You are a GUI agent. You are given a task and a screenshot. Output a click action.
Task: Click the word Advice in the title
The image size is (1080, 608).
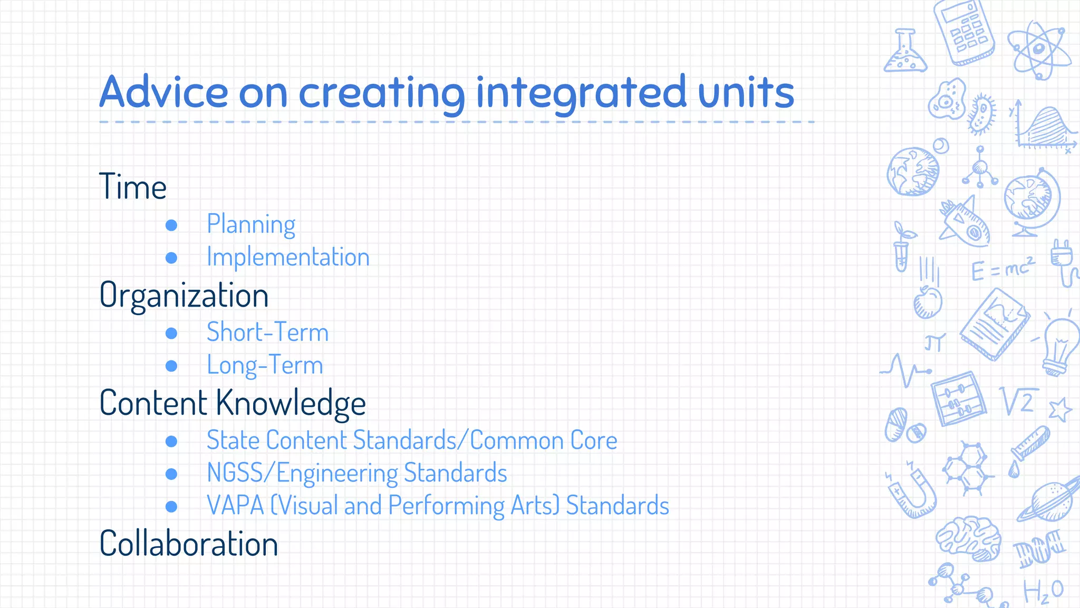[163, 92]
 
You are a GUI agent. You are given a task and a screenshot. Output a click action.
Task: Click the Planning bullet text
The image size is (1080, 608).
[251, 224]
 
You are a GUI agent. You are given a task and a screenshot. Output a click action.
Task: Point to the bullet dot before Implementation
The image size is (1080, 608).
[171, 258]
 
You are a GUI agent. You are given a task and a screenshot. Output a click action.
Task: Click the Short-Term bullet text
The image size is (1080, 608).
[267, 332]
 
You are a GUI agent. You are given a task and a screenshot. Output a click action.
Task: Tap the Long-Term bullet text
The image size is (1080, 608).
[265, 365]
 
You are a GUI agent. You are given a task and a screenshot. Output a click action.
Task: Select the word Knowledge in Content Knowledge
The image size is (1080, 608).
[291, 403]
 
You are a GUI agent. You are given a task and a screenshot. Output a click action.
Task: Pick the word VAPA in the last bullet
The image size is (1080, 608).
[235, 505]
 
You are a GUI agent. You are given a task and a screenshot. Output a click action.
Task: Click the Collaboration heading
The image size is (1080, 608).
[188, 544]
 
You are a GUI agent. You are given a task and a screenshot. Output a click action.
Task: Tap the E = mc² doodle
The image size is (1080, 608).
[1002, 269]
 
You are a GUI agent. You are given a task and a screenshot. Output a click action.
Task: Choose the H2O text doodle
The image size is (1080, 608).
[1043, 591]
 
